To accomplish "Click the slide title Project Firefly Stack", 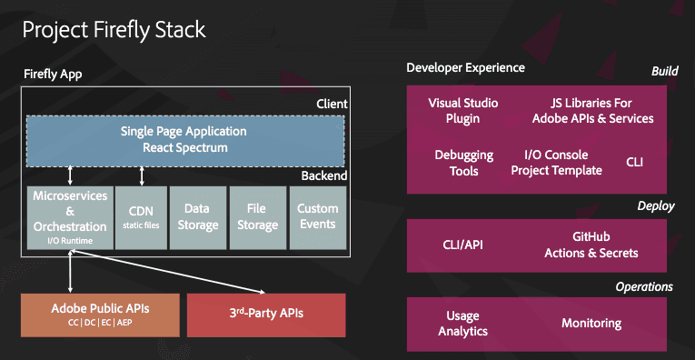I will tap(114, 29).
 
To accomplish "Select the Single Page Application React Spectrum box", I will tap(184, 139).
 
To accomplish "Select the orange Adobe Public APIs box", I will tap(101, 314).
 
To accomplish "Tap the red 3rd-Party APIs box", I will tap(266, 314).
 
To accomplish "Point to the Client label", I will tap(332, 104).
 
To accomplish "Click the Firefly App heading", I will tap(53, 75).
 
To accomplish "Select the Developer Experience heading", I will tap(465, 68).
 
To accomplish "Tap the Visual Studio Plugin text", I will tap(463, 111).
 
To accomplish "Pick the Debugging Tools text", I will tap(463, 163).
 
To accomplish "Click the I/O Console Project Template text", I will tap(556, 163).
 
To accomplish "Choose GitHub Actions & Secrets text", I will tap(591, 245).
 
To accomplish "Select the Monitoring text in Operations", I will tap(591, 324).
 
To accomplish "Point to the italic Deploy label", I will tap(655, 206).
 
